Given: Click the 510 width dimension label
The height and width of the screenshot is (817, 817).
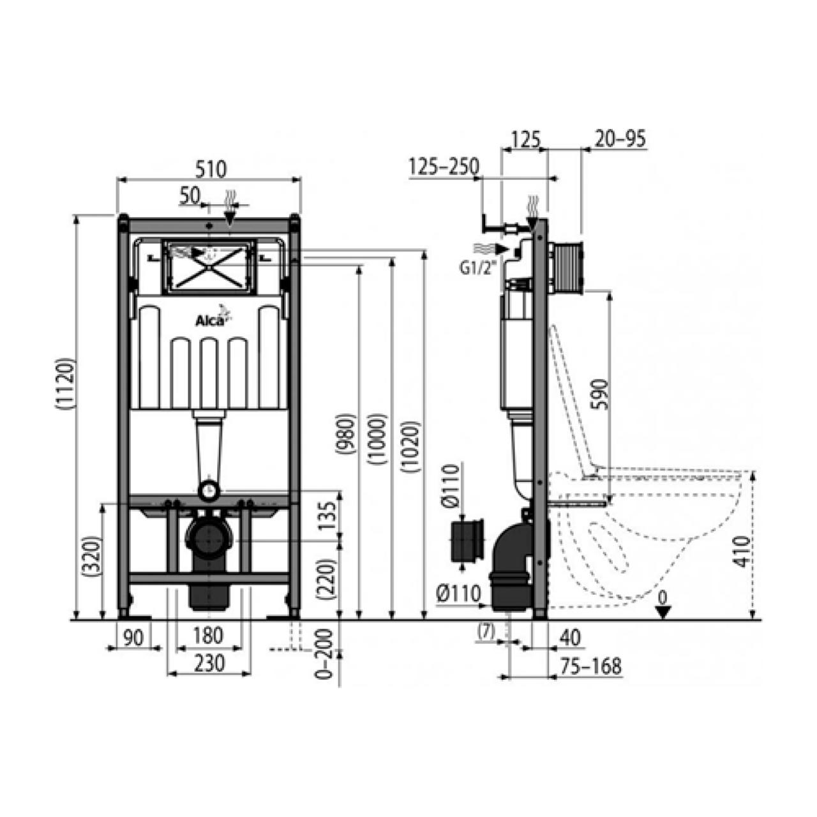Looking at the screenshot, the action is [211, 170].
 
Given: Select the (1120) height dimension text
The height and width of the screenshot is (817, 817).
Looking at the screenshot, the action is [65, 384].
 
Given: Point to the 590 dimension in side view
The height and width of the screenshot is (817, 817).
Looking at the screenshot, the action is [601, 394].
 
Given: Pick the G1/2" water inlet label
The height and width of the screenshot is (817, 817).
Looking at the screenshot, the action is [477, 268].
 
